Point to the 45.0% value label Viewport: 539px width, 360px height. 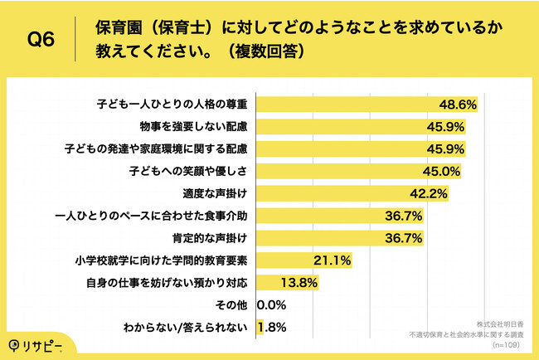(443, 172)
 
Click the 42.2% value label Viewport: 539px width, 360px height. (430, 194)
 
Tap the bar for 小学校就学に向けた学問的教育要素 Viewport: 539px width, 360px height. (286, 261)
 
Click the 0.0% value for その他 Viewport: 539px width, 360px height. (273, 305)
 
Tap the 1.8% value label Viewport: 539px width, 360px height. (274, 328)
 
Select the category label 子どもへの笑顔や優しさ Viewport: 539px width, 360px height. (188, 172)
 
